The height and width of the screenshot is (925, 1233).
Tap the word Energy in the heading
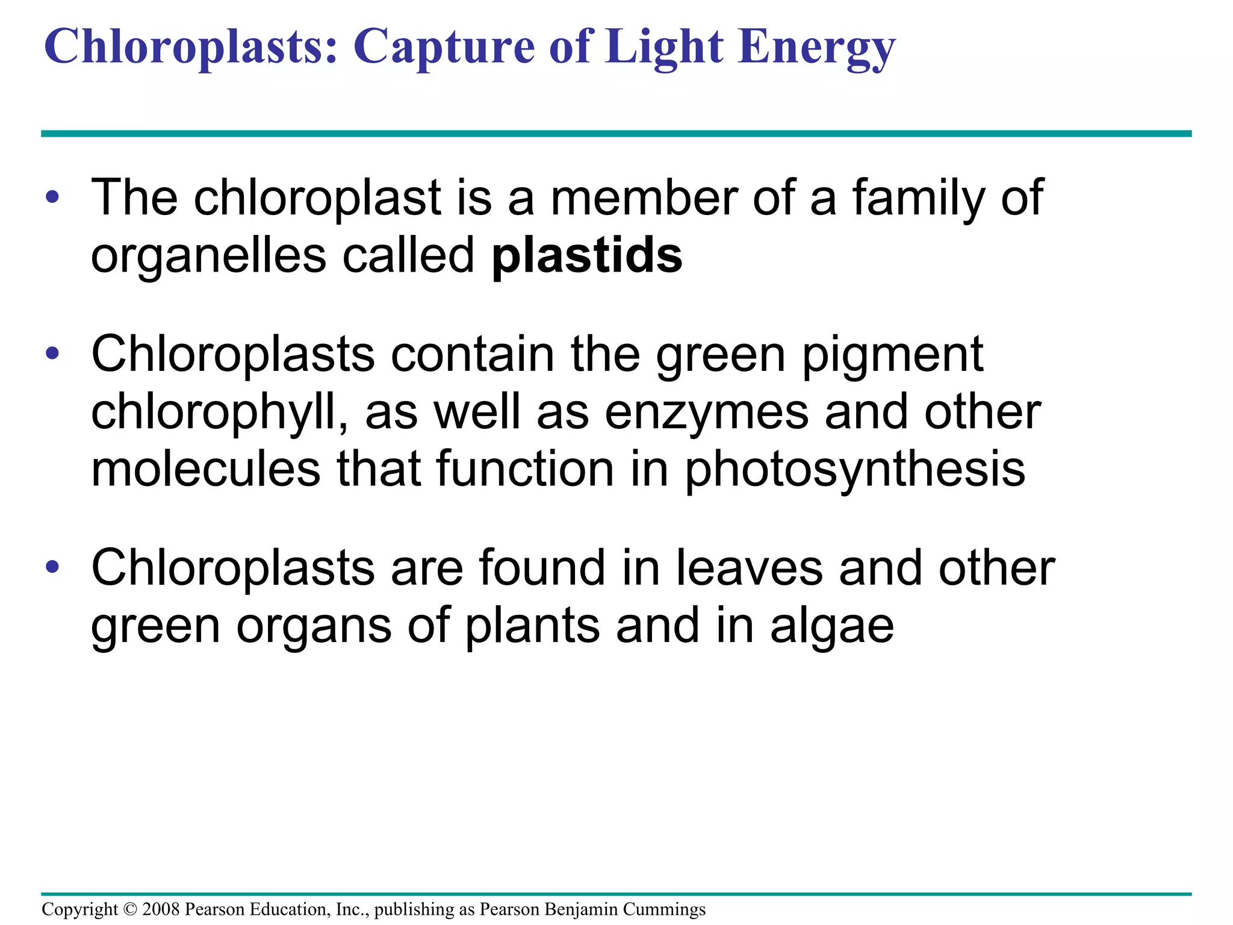coord(817,48)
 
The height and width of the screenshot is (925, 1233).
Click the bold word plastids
coord(587,256)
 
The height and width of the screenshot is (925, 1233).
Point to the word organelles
coord(208,256)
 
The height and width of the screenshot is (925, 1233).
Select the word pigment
coord(893,356)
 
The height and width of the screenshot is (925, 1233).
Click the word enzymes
coord(706,414)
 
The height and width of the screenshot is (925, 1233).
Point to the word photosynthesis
coord(855,470)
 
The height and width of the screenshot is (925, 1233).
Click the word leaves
coord(749,568)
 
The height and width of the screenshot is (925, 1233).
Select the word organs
coord(314,627)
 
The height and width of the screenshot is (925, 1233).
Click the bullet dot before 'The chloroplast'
coord(52,197)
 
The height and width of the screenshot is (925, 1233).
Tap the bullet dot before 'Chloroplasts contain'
coord(52,353)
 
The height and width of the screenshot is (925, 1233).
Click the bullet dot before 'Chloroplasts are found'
coord(52,567)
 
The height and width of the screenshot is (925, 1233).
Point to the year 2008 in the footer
coord(161,909)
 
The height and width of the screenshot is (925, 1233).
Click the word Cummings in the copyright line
coord(664,909)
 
